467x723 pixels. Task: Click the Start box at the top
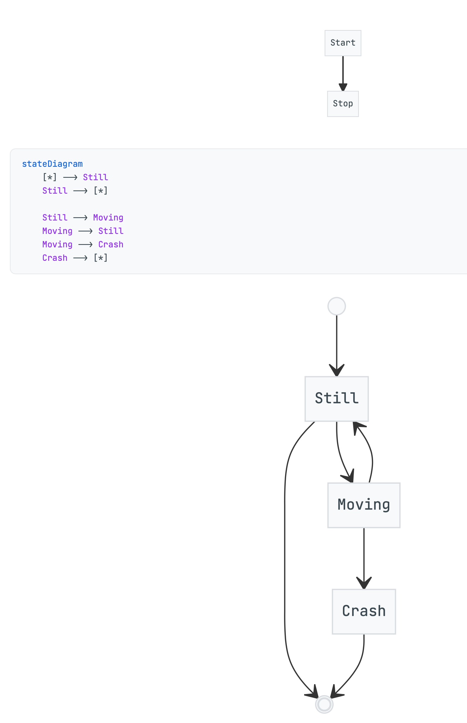pos(343,43)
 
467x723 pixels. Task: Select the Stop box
pos(343,104)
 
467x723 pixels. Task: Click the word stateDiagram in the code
pos(52,164)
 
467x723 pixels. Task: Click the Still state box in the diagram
pos(336,399)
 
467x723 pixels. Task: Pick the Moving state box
pos(363,505)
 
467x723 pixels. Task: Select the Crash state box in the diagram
pos(363,611)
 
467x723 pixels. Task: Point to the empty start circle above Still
pos(336,306)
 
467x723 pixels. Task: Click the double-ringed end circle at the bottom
pos(324,704)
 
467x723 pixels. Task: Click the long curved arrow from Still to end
pos(285,565)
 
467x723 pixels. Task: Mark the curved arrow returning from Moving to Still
pos(372,456)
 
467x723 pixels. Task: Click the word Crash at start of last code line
pos(55,258)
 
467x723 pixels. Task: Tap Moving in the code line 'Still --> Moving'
pos(108,218)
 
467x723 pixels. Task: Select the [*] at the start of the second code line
pos(49,177)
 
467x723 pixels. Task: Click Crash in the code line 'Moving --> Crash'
pos(111,245)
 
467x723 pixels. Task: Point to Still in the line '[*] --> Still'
pos(95,177)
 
